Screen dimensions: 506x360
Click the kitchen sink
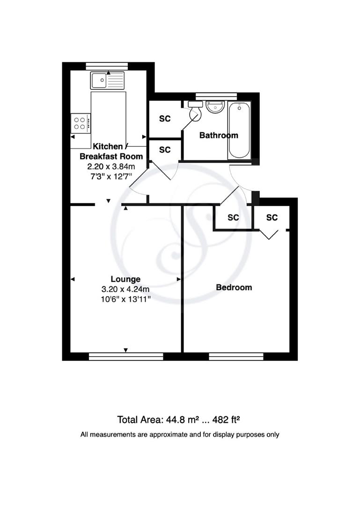[x=107, y=81]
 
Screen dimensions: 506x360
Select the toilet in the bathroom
[x=195, y=111]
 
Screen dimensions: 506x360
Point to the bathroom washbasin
[x=215, y=107]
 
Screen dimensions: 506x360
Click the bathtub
[x=239, y=130]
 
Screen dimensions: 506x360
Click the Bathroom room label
[x=219, y=135]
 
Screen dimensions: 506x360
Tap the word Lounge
[x=125, y=279]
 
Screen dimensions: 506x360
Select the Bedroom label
[x=234, y=287]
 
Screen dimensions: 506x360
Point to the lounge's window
[x=125, y=357]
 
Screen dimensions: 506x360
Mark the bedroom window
[x=236, y=357]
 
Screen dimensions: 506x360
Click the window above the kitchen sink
[x=107, y=66]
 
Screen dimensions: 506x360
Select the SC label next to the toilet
[x=165, y=119]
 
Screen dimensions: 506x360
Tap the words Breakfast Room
[x=111, y=156]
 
